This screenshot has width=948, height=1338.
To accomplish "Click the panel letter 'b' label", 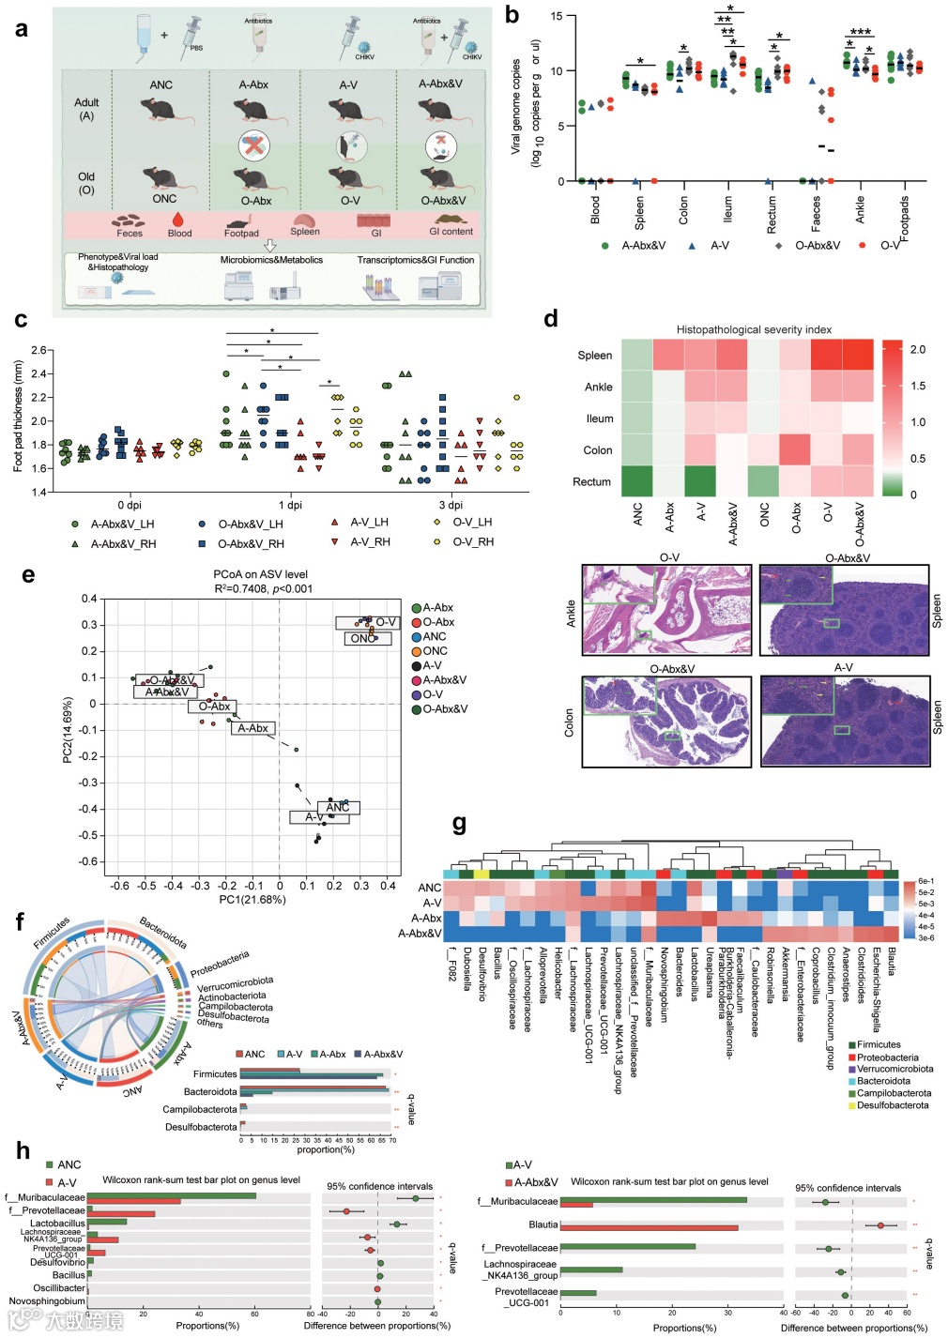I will (x=512, y=14).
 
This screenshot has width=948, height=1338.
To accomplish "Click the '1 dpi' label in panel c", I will (x=290, y=505).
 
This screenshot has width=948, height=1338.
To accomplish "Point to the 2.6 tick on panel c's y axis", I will (x=38, y=350).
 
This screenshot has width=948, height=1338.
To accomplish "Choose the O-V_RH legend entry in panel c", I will (x=472, y=541).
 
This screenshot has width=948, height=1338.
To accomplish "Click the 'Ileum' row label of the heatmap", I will (x=600, y=418).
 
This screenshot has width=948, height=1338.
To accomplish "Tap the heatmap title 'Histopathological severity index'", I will (x=754, y=329).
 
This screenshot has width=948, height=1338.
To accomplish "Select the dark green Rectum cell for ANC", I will (x=636, y=481).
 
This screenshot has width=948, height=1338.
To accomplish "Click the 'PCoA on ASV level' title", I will (x=260, y=574).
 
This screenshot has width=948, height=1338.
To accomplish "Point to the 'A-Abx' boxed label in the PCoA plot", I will (x=252, y=728).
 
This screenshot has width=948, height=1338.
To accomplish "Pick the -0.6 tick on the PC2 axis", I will (x=86, y=861).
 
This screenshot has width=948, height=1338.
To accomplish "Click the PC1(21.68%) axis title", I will (x=252, y=899).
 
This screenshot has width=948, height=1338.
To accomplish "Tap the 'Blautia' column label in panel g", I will (x=891, y=961).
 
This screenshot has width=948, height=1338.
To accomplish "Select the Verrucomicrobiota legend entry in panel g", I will (x=894, y=1069).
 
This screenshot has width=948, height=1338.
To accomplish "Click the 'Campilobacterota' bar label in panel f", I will (x=200, y=1109).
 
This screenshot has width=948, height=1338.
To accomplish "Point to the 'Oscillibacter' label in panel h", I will (x=59, y=1288).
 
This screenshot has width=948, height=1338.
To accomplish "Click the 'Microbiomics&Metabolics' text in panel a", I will (x=271, y=260).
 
